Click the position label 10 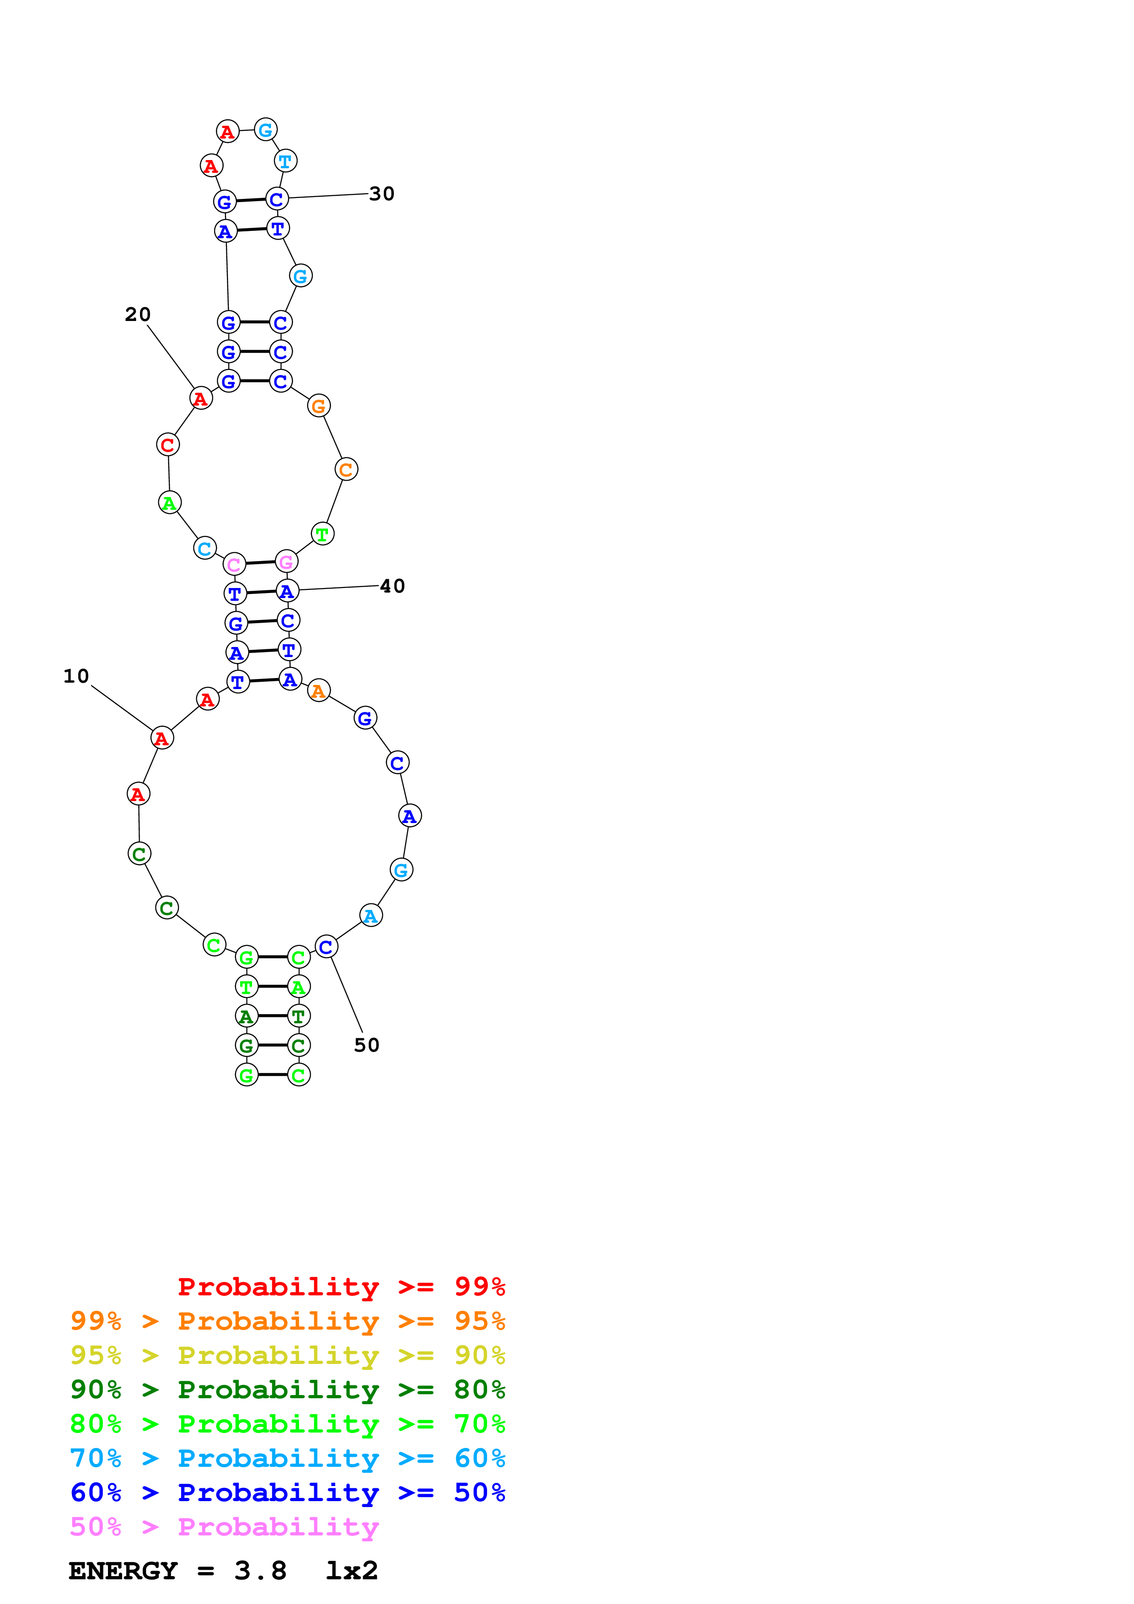click(x=76, y=676)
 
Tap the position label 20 click(x=138, y=315)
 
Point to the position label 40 click(x=392, y=586)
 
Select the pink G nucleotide click(x=286, y=561)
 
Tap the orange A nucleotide click(x=319, y=691)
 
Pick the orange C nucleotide click(x=346, y=470)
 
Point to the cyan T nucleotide click(x=285, y=161)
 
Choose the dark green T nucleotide click(x=298, y=1016)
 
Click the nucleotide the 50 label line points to click(x=326, y=947)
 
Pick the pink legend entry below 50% click(x=224, y=1527)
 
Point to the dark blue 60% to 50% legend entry click(x=287, y=1493)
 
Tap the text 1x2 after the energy click(x=351, y=1571)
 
